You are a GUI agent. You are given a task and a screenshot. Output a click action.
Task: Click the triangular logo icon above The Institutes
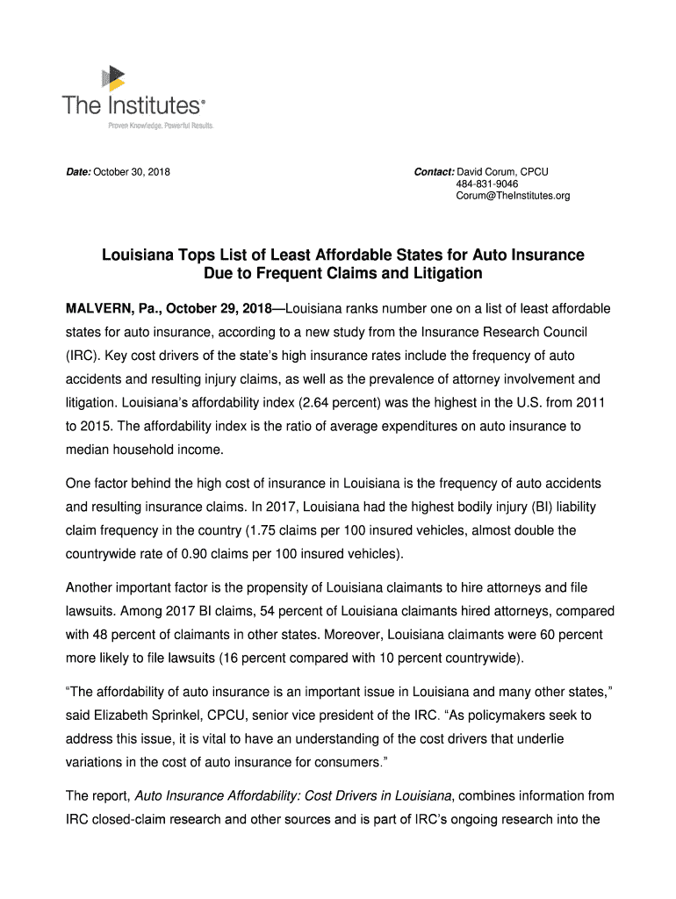[x=115, y=78]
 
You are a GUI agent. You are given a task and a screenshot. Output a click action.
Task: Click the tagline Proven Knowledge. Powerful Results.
[x=161, y=126]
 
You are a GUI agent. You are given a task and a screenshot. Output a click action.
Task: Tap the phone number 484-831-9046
[x=486, y=183]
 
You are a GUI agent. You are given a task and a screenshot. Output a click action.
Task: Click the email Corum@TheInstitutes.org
[x=513, y=196]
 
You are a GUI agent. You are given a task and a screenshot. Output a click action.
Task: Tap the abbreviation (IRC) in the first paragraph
[x=84, y=356]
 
